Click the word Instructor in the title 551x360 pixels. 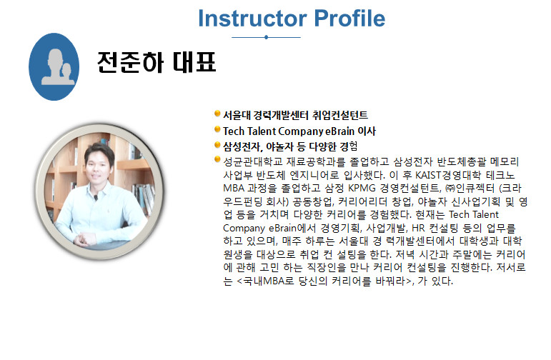[252, 19]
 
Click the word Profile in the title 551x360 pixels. [349, 19]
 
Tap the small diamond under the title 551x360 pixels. [266, 37]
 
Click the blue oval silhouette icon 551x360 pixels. [54, 66]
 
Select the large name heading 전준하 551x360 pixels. [131, 63]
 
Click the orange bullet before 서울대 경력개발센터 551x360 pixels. [217, 114]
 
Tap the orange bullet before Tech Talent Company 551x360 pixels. [217, 129]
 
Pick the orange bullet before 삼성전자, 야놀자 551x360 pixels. [217, 145]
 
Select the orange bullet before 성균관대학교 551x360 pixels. [217, 160]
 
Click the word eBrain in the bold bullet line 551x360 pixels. [339, 131]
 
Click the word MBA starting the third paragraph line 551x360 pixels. [234, 189]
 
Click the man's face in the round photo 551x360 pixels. [99, 167]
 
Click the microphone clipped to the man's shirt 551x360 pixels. [96, 198]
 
